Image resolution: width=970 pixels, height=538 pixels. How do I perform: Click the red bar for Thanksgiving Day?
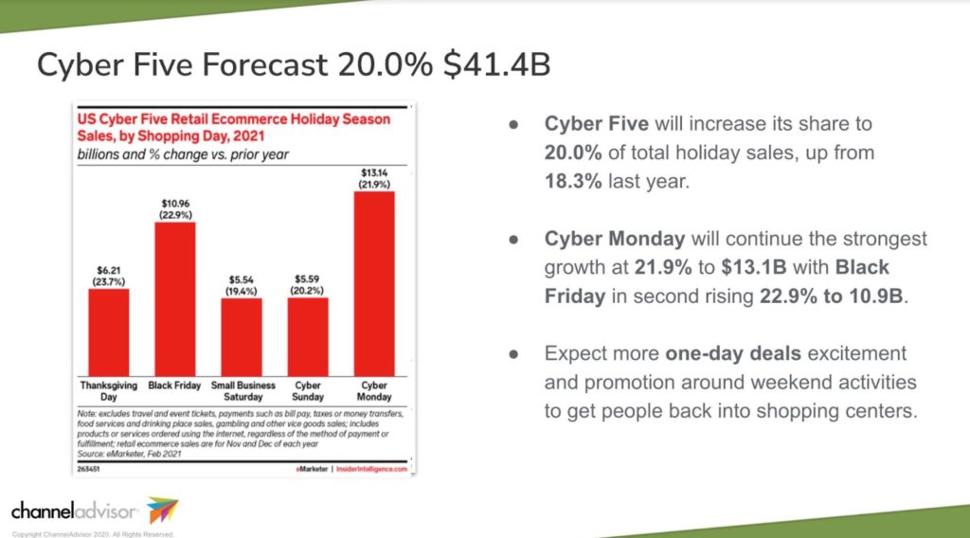108,332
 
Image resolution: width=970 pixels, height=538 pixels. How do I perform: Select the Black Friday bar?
174,298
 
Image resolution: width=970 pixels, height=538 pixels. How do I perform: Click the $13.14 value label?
373,171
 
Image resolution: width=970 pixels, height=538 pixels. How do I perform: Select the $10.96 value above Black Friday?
174,203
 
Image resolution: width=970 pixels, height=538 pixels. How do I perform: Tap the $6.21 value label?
108,269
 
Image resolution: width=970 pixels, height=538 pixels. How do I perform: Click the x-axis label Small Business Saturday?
242,391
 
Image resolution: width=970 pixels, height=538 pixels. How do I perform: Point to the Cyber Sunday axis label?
307,391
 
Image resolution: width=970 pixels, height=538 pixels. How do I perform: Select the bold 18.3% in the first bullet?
573,181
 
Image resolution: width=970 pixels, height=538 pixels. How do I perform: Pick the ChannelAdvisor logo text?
75,511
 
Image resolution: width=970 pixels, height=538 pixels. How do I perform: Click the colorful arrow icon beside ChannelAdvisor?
162,511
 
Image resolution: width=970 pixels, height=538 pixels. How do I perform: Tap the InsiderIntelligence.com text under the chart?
373,469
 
